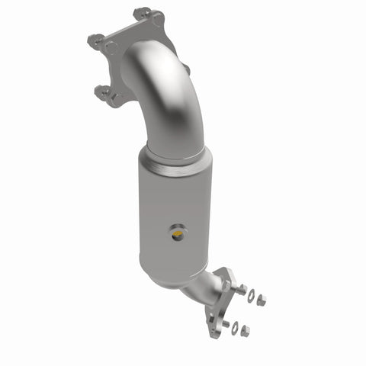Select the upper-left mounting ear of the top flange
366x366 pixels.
(95, 38)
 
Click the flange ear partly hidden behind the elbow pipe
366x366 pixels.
(185, 69)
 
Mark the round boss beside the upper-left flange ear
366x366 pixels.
(111, 47)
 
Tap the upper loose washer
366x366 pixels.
(251, 294)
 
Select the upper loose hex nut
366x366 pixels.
(262, 300)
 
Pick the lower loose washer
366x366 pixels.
(235, 329)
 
